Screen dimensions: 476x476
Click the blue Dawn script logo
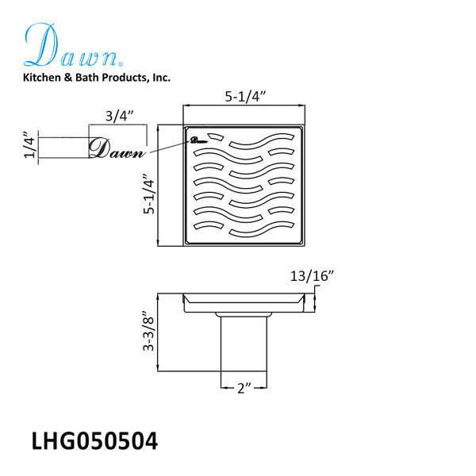pos(73,45)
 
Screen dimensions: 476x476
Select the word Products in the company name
pos(125,78)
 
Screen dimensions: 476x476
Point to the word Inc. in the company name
pos(162,78)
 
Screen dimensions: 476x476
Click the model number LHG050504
pos(94,441)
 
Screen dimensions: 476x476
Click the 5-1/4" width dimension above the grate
pos(245,97)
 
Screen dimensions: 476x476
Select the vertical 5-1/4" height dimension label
pos(149,194)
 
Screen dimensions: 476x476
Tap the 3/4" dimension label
pos(119,116)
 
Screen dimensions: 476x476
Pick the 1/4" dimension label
pos(30,145)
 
